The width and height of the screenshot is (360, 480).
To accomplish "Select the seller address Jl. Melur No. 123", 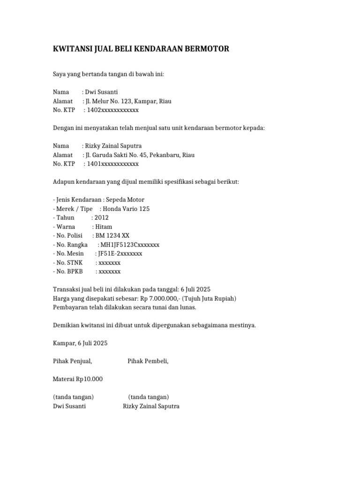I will pos(112,101).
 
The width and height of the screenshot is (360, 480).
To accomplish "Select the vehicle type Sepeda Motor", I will pos(126,200).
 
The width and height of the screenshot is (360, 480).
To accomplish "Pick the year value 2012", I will pos(101,218).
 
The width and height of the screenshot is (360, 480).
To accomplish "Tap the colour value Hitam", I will pos(103,227).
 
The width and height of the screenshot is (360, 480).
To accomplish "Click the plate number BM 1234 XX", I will pos(111,236).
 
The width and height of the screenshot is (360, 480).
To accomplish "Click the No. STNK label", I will pos(69,262).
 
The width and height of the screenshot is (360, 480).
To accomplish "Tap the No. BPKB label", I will pos(70,271).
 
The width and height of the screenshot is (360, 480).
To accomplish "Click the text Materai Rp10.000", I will pos(78,379).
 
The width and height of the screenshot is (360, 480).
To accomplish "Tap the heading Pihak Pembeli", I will pos(148,361).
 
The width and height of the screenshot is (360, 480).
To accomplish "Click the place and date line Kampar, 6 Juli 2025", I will pos(80,343).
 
